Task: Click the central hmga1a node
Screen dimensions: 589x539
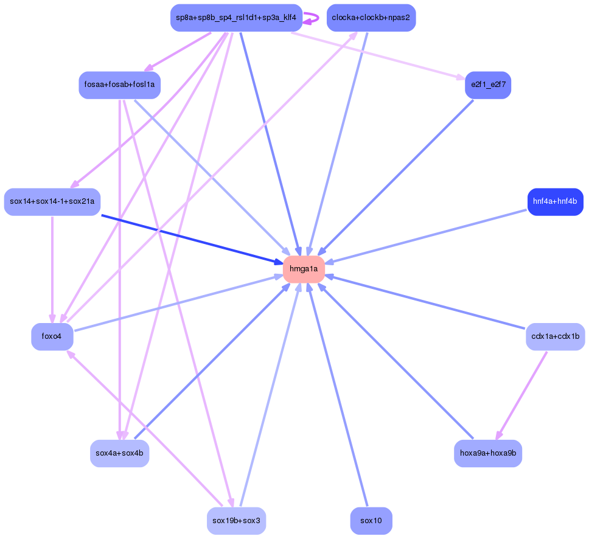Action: tap(304, 269)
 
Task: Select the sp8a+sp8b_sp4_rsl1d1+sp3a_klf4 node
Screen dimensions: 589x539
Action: tap(236, 18)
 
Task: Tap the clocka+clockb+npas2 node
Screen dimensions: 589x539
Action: tap(371, 18)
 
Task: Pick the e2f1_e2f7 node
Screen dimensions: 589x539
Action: tap(487, 85)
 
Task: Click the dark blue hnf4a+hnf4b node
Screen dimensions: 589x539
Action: tap(555, 202)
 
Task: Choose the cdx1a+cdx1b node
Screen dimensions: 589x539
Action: tap(555, 336)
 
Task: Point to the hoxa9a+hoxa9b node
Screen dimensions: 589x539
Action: tap(487, 453)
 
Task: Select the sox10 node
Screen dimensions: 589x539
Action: tap(371, 521)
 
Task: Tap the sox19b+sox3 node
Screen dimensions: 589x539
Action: tap(236, 521)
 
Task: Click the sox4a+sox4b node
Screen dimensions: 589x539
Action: tap(119, 453)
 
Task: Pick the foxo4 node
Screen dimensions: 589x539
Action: tap(52, 336)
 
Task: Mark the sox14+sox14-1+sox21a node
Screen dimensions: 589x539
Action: tap(52, 202)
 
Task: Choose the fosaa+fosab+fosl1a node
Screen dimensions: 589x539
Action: tap(119, 85)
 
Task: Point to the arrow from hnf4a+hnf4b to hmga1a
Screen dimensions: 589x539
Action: tap(426, 236)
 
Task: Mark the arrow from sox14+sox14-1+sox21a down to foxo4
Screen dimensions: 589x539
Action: tap(52, 268)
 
